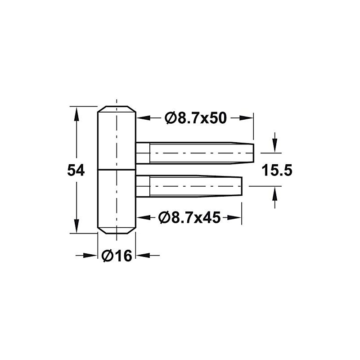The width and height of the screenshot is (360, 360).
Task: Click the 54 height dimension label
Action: click(76, 171)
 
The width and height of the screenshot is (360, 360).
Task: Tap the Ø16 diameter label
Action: click(117, 256)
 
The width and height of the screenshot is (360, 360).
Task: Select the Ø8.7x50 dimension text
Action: click(195, 118)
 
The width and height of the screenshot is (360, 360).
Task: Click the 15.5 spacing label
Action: click(277, 171)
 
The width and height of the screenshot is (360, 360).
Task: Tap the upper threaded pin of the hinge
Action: click(198, 153)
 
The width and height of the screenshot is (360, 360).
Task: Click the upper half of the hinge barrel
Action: click(117, 139)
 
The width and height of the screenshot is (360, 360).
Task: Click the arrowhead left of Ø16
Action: click(92, 256)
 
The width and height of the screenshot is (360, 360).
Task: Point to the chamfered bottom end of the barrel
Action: click(117, 231)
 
